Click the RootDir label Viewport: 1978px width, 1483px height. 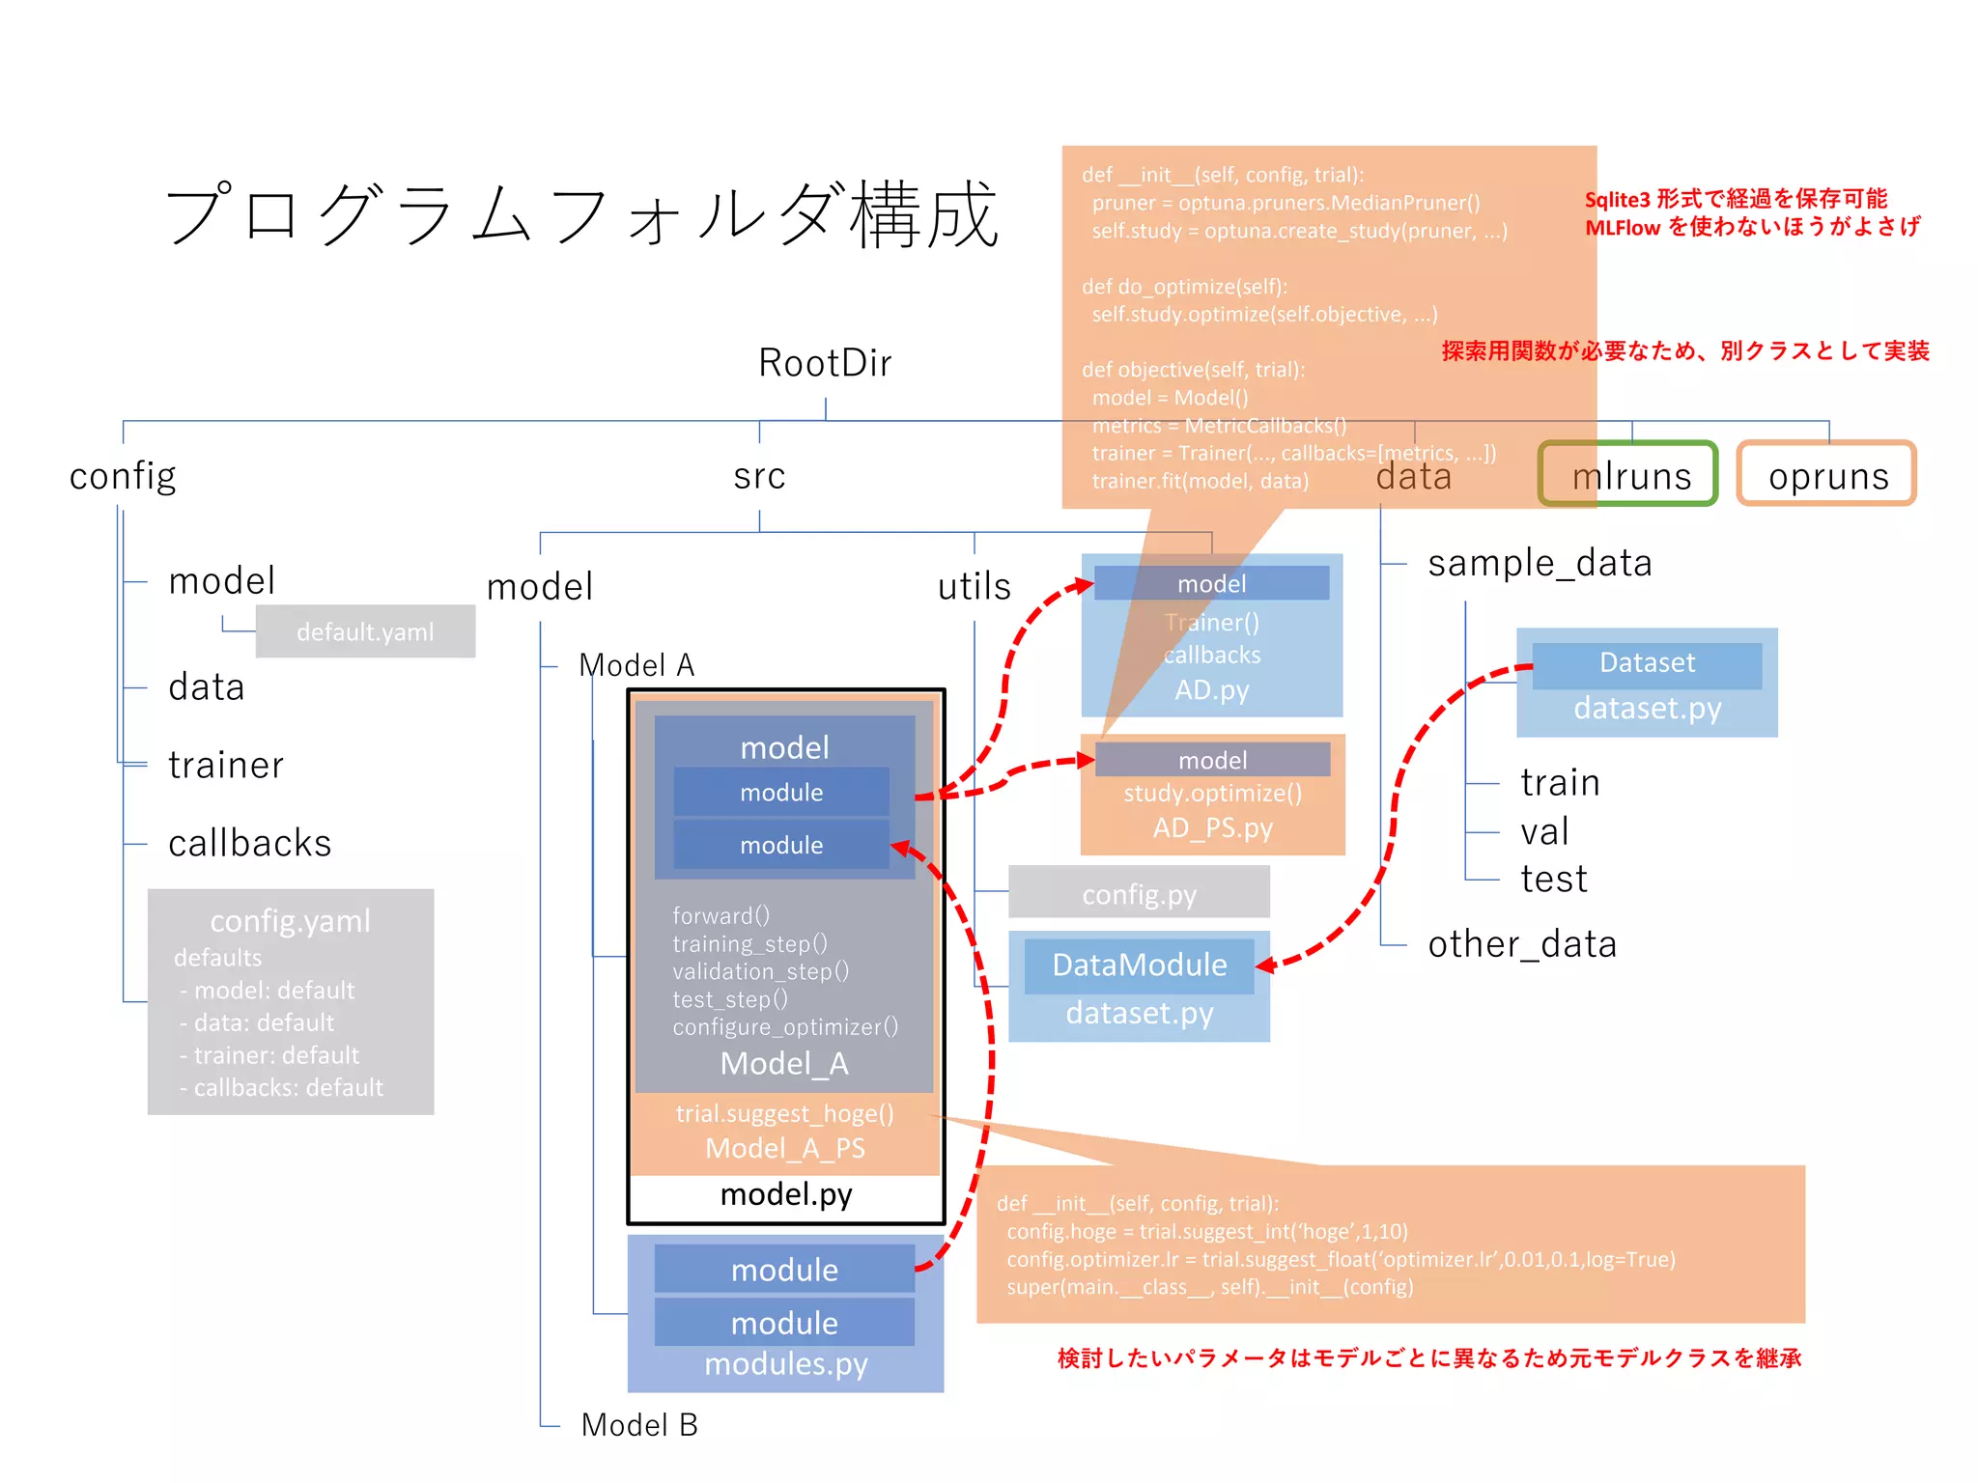coord(824,363)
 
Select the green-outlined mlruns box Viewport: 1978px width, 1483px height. coord(1628,474)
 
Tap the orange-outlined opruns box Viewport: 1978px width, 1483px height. coord(1826,474)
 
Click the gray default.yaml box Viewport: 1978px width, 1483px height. coord(365,631)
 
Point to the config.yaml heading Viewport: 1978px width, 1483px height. coord(290,920)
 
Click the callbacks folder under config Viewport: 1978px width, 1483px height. coord(249,843)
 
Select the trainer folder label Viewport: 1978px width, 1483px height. coord(225,765)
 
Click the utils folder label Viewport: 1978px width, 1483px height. coord(974,586)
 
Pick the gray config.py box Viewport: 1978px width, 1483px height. coord(1139,893)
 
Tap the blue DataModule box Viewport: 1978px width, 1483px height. coord(1139,965)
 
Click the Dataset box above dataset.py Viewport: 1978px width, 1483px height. coord(1647,663)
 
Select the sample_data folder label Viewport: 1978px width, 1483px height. coord(1540,563)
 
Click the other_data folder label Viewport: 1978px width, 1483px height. coord(1522,943)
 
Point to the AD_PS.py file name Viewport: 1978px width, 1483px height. coord(1212,828)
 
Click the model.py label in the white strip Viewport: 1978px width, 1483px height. coord(786,1194)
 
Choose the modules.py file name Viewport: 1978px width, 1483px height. coord(786,1363)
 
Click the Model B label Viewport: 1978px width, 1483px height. coord(639,1424)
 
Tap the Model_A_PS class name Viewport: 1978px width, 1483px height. coord(784,1148)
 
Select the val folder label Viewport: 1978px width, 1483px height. coord(1543,831)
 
